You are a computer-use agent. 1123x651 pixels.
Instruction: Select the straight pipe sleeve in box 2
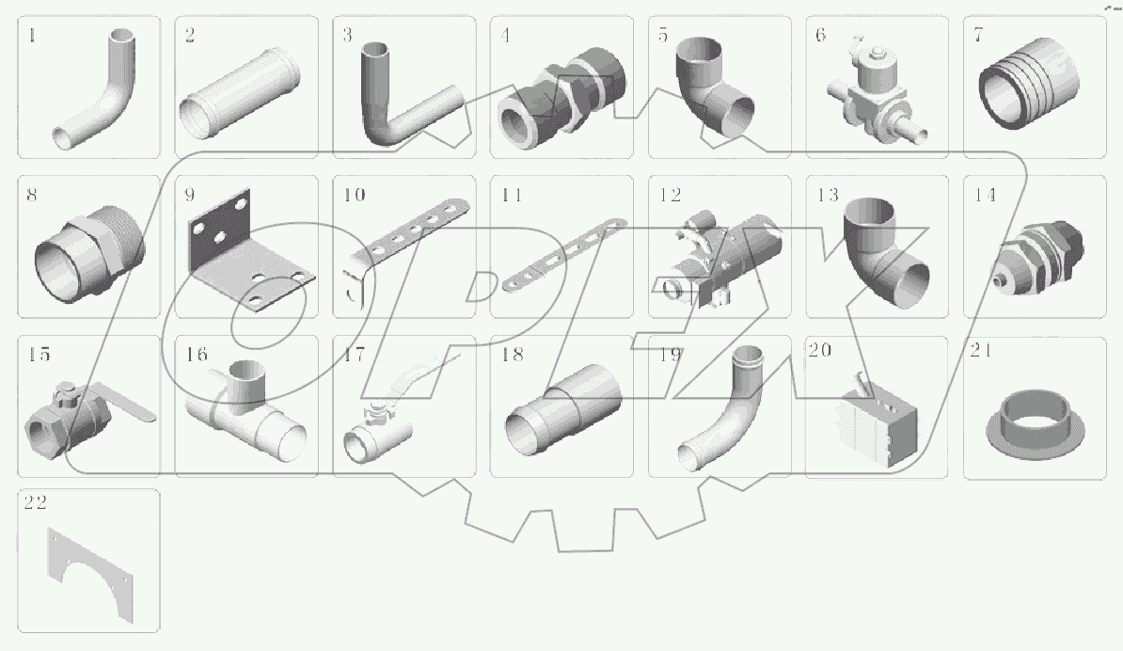click(x=242, y=92)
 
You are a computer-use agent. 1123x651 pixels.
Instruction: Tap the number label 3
click(x=347, y=36)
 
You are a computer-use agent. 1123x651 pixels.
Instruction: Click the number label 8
click(x=33, y=196)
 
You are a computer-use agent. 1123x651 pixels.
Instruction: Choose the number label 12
click(x=670, y=196)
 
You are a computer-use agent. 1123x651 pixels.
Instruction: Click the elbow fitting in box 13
click(x=884, y=252)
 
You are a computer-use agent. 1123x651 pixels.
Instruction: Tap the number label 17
click(x=354, y=356)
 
